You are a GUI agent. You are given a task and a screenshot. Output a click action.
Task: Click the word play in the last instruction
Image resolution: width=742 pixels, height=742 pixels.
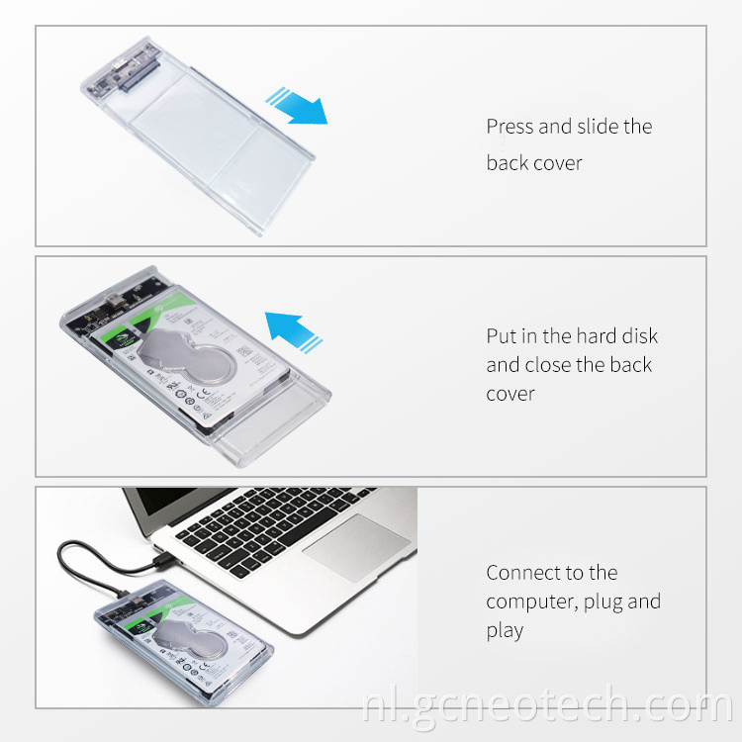pos(505,631)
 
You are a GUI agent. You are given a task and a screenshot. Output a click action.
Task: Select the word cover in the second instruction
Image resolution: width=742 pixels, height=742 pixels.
pos(510,394)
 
